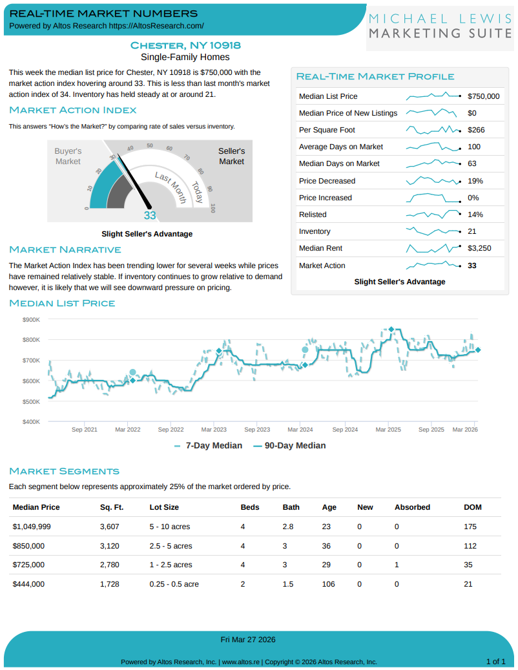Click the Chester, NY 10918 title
click(x=185, y=45)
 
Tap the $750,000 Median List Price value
click(x=483, y=96)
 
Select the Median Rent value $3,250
click(x=479, y=248)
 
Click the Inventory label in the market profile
click(x=315, y=231)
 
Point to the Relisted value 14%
click(x=475, y=215)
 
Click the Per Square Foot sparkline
click(x=433, y=130)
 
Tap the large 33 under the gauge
click(x=150, y=216)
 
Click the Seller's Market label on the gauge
click(x=231, y=156)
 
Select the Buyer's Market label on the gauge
click(x=68, y=156)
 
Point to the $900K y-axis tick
click(x=32, y=319)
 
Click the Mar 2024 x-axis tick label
click(x=300, y=429)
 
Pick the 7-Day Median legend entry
click(x=209, y=446)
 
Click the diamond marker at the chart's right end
click(x=478, y=350)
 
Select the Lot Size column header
click(x=164, y=507)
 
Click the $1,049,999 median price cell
click(x=32, y=527)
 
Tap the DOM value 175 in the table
click(x=470, y=527)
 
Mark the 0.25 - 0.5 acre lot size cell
click(x=174, y=584)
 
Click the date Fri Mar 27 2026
click(x=248, y=640)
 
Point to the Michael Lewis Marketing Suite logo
click(x=441, y=26)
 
